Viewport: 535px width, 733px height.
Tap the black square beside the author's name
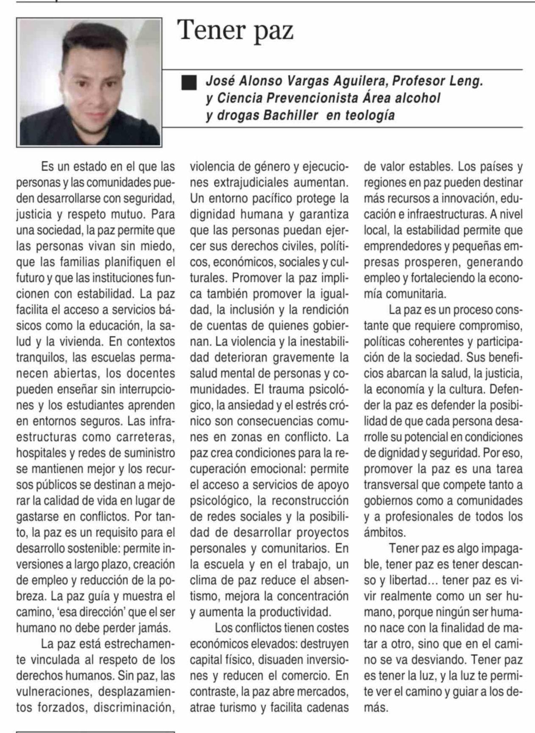pos(189,83)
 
